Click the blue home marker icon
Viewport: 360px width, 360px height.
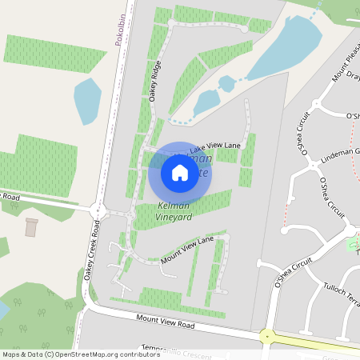(x=180, y=173)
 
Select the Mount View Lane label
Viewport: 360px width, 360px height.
(x=187, y=250)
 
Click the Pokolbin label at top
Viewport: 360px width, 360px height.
(x=118, y=29)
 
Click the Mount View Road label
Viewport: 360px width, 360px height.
(x=166, y=322)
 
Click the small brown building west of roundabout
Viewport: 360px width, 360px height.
(x=32, y=227)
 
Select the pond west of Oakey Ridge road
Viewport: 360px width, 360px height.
(x=87, y=100)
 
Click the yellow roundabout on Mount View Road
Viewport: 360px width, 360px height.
(x=266, y=336)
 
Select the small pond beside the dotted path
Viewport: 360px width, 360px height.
(x=206, y=102)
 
